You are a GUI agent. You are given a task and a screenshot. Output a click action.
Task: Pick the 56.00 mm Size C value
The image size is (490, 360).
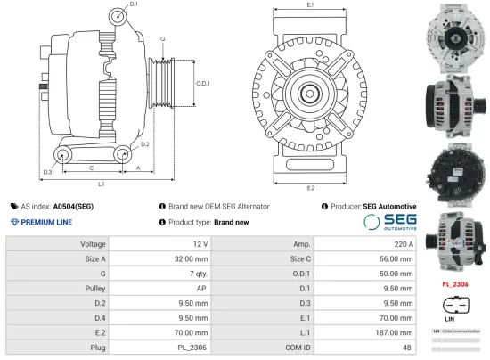[x=396, y=258]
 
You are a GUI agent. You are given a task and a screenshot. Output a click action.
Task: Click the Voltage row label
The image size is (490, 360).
[x=93, y=243]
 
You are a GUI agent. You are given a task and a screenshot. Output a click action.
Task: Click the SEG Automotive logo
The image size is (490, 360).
[x=389, y=222]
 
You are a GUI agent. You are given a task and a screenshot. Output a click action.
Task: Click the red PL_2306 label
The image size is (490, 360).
[x=454, y=285]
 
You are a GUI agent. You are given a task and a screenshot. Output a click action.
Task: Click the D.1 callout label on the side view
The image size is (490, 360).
[x=133, y=5]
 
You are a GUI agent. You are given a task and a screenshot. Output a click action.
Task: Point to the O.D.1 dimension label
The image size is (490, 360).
[x=202, y=83]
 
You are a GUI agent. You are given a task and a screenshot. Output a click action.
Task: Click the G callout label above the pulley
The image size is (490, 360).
[x=162, y=40]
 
